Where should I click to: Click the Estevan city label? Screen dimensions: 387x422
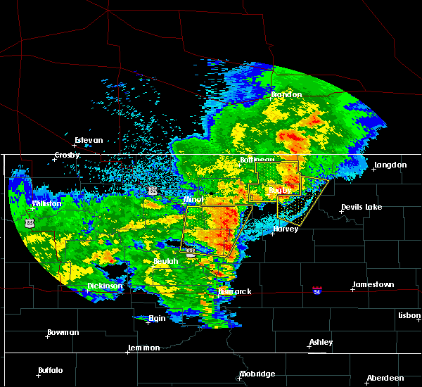[x=89, y=140]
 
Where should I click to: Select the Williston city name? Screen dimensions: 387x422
[x=47, y=203]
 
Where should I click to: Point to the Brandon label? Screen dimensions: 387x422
[x=287, y=94]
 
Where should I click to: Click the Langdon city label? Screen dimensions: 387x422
[x=390, y=165]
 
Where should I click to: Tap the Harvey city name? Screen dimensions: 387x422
[x=286, y=229]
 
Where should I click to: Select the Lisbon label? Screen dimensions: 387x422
[x=409, y=315]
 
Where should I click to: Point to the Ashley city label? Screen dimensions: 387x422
[x=321, y=343]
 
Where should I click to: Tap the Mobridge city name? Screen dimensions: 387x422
[x=257, y=374]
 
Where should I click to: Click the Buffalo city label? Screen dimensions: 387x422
[x=51, y=370]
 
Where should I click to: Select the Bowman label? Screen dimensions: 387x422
[x=63, y=332]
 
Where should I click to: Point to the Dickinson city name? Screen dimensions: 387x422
[x=105, y=286]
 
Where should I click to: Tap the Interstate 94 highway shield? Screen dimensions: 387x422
[x=319, y=289]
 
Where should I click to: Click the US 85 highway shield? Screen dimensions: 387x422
[x=29, y=222]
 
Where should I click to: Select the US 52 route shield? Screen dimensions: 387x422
[x=153, y=190]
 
